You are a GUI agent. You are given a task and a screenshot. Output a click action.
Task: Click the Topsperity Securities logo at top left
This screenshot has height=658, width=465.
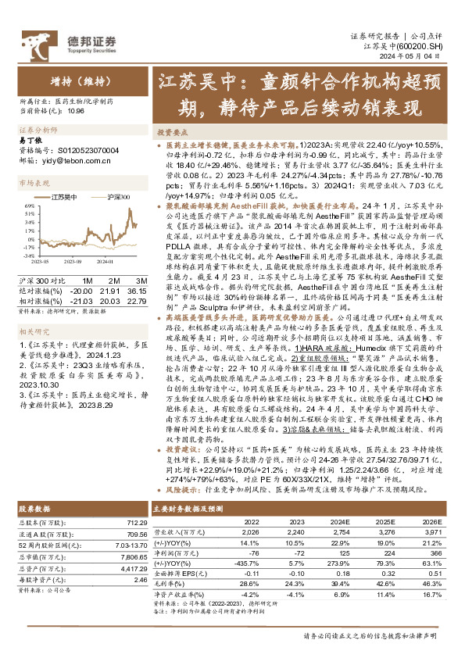pyautogui.click(x=70, y=42)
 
